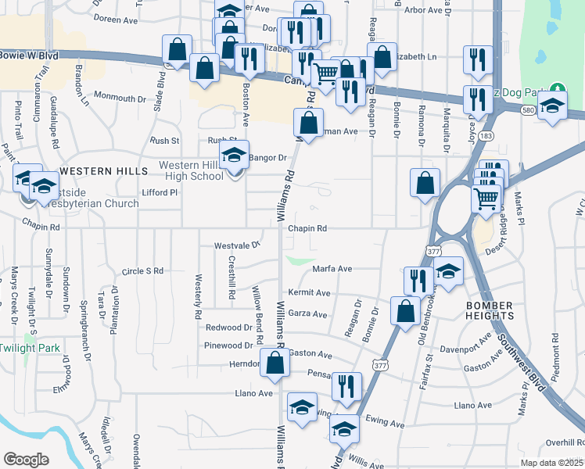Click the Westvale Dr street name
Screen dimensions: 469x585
click(237, 245)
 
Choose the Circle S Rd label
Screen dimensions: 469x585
click(142, 271)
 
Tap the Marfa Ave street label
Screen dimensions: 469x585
click(332, 268)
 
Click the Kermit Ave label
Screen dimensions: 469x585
click(309, 292)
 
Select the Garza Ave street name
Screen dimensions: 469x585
click(307, 314)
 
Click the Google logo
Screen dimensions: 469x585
click(26, 460)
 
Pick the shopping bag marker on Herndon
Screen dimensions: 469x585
click(275, 363)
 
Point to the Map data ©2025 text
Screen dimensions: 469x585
click(551, 463)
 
